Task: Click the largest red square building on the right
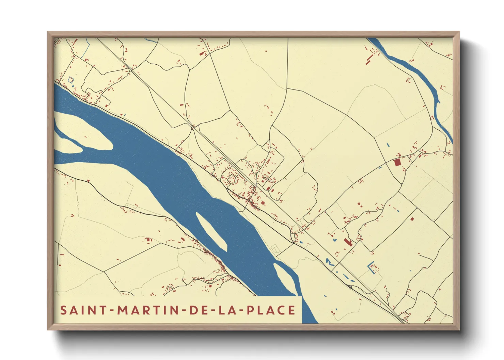[397, 162]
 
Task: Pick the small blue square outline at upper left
[70, 80]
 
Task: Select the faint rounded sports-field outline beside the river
[275, 248]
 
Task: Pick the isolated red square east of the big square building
[412, 219]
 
